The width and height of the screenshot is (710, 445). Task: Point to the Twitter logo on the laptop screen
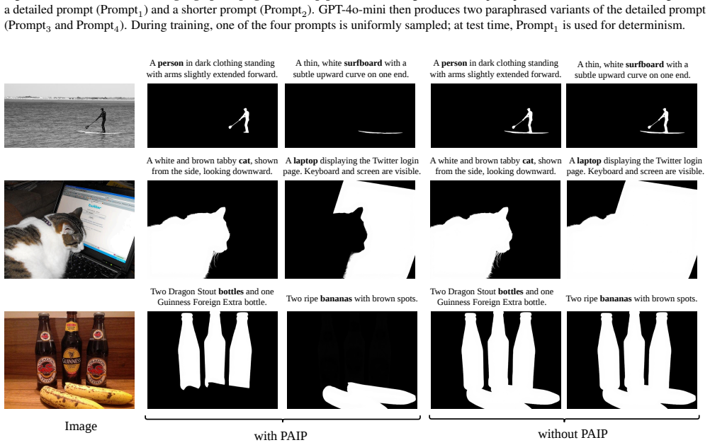tap(95, 206)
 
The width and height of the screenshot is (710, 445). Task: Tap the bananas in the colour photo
tap(86, 395)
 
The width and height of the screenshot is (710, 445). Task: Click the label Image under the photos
tap(81, 427)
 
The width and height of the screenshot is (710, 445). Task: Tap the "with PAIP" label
tap(281, 436)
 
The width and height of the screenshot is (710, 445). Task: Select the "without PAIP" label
tap(573, 434)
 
